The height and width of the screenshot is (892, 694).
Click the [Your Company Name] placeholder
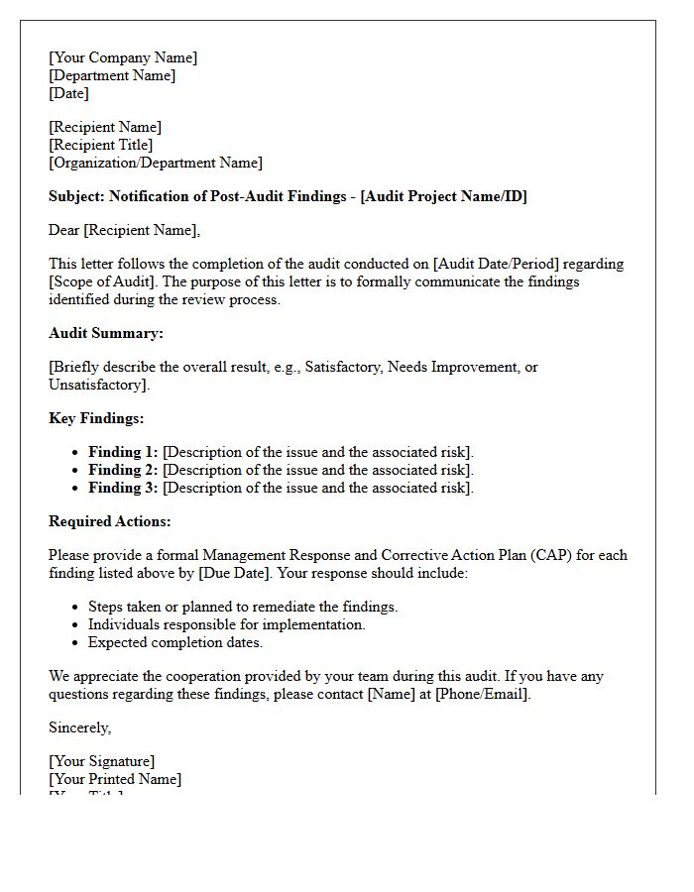(x=123, y=57)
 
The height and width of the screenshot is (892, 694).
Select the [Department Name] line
(x=112, y=75)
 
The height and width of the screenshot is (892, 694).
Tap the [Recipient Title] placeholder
(x=101, y=145)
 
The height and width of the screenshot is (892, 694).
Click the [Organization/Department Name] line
(x=156, y=163)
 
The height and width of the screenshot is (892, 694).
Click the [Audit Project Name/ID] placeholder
(x=443, y=196)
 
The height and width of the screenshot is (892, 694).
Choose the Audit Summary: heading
(x=106, y=333)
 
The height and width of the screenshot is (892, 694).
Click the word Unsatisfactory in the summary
(x=97, y=385)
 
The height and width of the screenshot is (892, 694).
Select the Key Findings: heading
(x=96, y=418)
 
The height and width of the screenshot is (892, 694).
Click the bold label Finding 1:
(x=123, y=452)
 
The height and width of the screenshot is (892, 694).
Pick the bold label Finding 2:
(x=123, y=470)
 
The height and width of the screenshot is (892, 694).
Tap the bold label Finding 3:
(x=123, y=488)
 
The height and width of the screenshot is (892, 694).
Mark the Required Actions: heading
(x=110, y=521)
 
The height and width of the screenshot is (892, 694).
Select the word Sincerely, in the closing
(x=80, y=727)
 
